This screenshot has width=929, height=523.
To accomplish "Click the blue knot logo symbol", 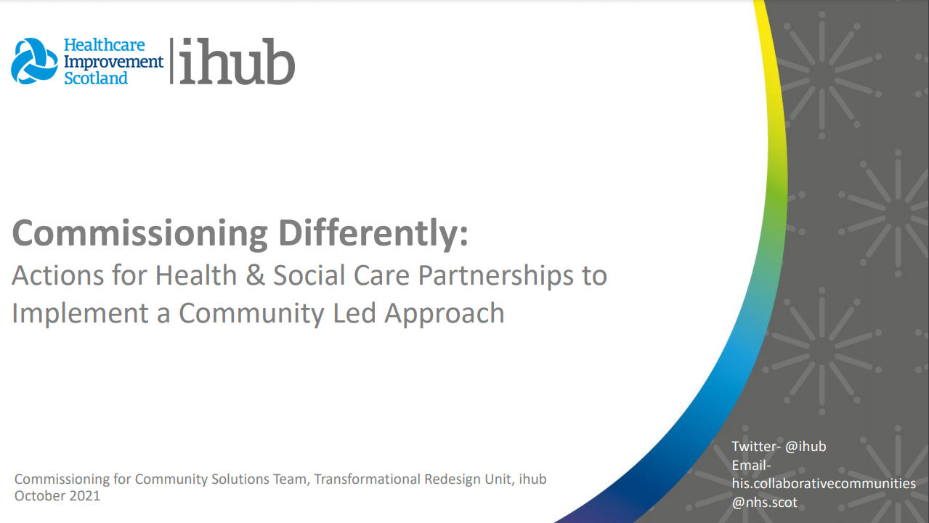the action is point(34,61).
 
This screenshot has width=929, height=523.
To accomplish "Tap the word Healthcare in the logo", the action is point(105,45).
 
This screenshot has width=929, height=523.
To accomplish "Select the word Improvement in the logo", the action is point(113,62).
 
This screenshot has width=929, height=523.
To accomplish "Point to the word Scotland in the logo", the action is point(96,78).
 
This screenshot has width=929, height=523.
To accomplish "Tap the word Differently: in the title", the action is point(373,232).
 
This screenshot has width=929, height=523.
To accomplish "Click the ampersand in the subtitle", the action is point(255,275).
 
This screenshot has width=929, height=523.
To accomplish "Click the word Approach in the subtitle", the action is point(445,314).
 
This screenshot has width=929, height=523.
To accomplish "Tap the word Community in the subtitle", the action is point(251,314).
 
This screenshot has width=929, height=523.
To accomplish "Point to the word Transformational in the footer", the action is point(367,479).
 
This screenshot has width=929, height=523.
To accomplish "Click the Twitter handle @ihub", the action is point(806,446).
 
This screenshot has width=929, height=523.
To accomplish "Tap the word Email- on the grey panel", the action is point(751,466).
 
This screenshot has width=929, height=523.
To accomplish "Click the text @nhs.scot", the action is point(764,502).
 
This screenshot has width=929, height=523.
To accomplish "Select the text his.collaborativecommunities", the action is point(824,483).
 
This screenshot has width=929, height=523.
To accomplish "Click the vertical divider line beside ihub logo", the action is point(171,61).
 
